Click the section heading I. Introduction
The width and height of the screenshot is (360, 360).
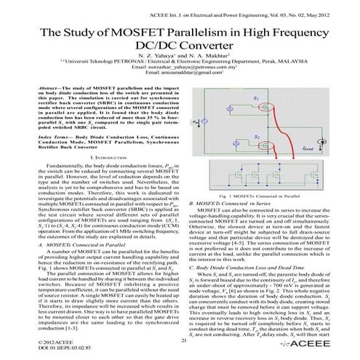pos(91,177)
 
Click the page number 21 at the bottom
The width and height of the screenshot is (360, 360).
pos(183,340)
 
